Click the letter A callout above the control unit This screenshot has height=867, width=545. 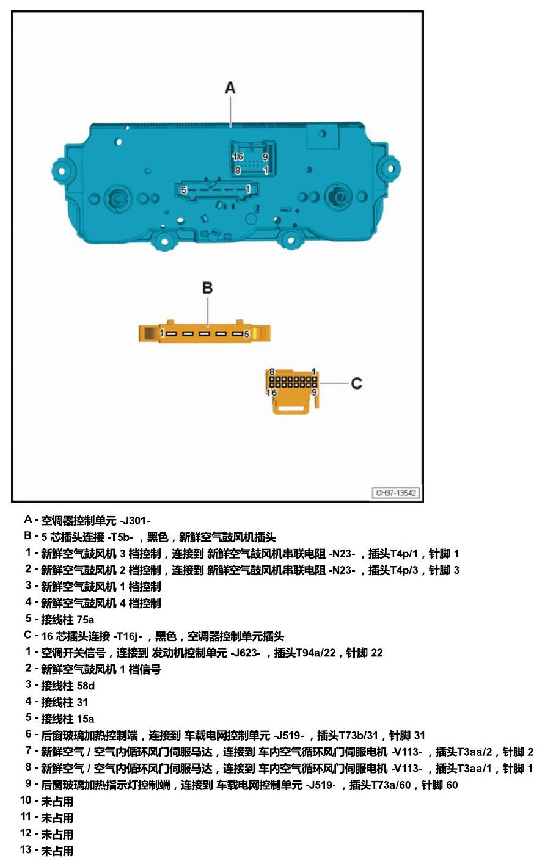230,88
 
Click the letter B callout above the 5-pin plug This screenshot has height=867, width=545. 207,288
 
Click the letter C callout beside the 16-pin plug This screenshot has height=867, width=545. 356,383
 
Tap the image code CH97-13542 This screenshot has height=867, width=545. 395,493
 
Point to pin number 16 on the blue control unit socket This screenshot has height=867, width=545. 238,157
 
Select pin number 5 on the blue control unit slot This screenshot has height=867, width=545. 184,190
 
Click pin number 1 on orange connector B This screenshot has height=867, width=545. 162,333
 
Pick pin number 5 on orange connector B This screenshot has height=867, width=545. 246,333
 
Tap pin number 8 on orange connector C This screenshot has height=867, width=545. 272,372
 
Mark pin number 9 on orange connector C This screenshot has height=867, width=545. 314,393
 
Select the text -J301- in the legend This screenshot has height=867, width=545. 135,521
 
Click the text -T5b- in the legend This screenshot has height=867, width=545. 120,537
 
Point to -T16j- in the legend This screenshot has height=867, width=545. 128,636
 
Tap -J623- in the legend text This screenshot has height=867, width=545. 246,653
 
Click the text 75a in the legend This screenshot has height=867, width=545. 85,620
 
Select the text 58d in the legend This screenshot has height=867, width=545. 86,686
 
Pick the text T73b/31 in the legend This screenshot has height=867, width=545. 358,735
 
